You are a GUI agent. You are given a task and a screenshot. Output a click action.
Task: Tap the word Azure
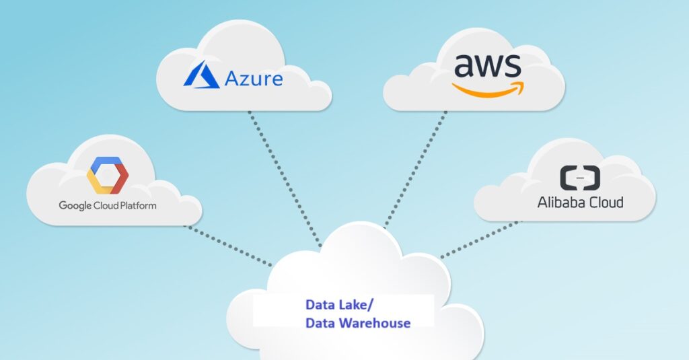254,79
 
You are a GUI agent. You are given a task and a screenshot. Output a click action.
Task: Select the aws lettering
488,67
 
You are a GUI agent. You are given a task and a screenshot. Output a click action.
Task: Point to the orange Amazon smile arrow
488,89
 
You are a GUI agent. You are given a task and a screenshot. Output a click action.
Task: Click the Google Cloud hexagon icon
107,175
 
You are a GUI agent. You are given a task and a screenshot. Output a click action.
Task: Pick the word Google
75,206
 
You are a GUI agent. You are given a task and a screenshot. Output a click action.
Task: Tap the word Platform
137,205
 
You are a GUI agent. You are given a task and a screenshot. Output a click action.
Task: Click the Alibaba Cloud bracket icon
580,178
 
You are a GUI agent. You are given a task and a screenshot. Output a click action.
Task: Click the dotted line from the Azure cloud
285,178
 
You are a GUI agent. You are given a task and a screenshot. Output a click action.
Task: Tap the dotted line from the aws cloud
415,169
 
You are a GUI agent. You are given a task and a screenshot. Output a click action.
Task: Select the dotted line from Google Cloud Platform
228,246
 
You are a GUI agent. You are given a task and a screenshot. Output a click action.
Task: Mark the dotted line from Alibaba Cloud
480,239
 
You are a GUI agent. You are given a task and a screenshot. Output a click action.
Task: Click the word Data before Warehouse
321,323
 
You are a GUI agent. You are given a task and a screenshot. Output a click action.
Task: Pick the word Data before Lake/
320,305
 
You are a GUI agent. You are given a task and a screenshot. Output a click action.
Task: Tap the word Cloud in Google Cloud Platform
106,205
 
